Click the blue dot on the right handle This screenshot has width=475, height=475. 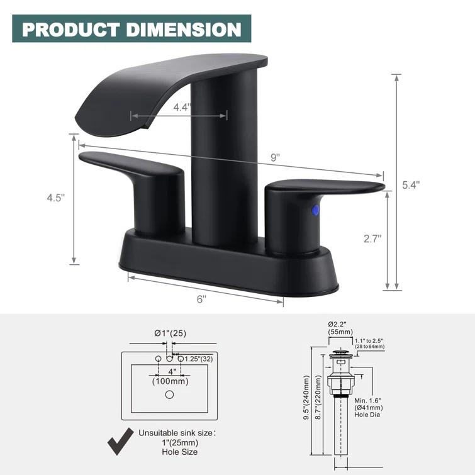tap(316, 210)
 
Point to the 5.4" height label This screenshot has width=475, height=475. tap(411, 185)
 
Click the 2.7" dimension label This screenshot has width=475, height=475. tap(372, 238)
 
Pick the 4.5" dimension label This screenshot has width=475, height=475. tap(55, 198)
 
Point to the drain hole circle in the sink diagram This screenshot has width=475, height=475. tap(169, 394)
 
